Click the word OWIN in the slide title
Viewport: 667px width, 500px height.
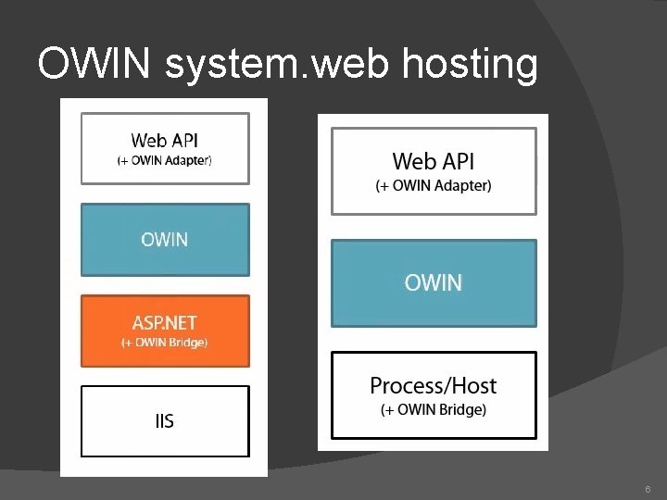(94, 63)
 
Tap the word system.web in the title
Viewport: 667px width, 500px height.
(276, 65)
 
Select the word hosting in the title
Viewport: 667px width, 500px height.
(470, 65)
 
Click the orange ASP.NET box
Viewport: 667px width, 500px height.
(165, 331)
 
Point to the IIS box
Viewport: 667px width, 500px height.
(165, 421)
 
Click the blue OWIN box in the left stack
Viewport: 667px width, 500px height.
(165, 240)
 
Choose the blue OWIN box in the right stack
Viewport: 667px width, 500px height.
(434, 283)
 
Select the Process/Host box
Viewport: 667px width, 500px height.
(434, 395)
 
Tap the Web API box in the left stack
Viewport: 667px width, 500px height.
(165, 148)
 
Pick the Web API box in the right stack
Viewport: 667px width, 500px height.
(434, 171)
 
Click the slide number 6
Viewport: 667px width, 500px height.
(648, 489)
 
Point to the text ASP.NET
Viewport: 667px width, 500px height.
(165, 323)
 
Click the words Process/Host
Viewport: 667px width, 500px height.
(433, 386)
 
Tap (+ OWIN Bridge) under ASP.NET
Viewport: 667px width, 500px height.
(165, 343)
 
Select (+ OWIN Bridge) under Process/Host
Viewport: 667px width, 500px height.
(434, 410)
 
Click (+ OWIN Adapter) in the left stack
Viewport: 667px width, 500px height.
(165, 161)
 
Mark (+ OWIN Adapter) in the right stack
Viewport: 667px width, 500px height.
(434, 186)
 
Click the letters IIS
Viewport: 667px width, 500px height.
(165, 421)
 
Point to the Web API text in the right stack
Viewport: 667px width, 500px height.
(433, 161)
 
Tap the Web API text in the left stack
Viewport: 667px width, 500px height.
(165, 141)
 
